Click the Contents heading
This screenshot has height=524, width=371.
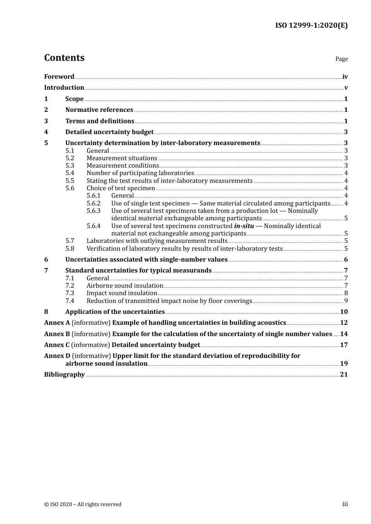pyautogui.click(x=64, y=58)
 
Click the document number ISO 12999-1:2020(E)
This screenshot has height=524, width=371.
pyautogui.click(x=311, y=25)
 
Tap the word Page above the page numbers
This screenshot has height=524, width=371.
pyautogui.click(x=341, y=59)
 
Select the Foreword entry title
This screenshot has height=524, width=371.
pyautogui.click(x=59, y=76)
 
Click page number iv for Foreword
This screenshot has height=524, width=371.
pyautogui.click(x=345, y=77)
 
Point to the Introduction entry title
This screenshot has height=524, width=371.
pyautogui.click(x=64, y=88)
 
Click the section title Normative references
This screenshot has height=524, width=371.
pyautogui.click(x=99, y=110)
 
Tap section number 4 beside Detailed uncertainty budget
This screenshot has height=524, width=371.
pyautogui.click(x=46, y=132)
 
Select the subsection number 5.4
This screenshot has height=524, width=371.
pyautogui.click(x=70, y=173)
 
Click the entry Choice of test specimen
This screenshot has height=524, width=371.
pyautogui.click(x=121, y=188)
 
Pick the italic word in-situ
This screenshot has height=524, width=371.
pyautogui.click(x=244, y=226)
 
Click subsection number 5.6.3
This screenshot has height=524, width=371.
pyautogui.click(x=93, y=211)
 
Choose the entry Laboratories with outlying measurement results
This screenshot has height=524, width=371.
pyautogui.click(x=157, y=241)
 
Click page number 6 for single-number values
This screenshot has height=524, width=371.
pyautogui.click(x=346, y=260)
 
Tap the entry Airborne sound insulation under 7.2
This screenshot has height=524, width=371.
pyautogui.click(x=125, y=286)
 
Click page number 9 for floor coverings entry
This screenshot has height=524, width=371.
pyautogui.click(x=346, y=301)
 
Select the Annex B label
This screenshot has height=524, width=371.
pyautogui.click(x=57, y=334)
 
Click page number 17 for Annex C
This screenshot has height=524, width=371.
pyautogui.click(x=344, y=345)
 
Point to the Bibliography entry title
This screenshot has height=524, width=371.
pyautogui.click(x=64, y=375)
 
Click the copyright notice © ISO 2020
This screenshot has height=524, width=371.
pyautogui.click(x=82, y=504)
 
